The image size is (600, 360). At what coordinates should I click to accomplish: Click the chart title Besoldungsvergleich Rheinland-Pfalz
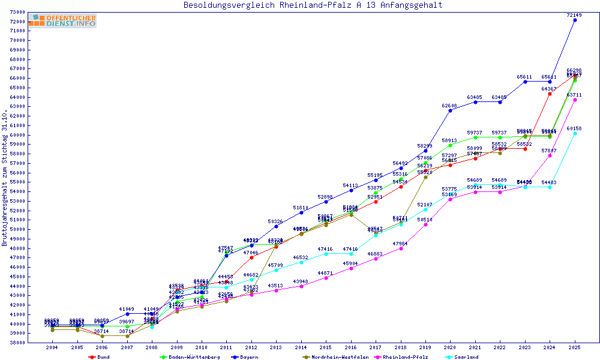[x=313, y=5]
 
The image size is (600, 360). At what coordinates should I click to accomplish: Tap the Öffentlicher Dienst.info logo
[x=62, y=21]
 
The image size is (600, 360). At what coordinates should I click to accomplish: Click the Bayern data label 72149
[x=575, y=14]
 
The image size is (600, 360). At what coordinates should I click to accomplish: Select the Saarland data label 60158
[x=574, y=128]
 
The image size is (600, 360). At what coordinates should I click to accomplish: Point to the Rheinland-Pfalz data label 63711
[x=574, y=95]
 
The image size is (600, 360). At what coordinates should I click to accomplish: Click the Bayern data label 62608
[x=450, y=106]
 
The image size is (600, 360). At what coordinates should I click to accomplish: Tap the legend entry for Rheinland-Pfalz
[x=405, y=357]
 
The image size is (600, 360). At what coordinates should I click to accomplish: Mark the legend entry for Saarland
[x=466, y=357]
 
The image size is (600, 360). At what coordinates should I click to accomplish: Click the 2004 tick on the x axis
[x=53, y=347]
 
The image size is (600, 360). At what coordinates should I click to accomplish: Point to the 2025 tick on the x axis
[x=575, y=347]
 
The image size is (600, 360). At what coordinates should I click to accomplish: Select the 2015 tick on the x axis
[x=326, y=347]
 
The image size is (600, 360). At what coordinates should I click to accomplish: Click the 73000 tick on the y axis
[x=17, y=12]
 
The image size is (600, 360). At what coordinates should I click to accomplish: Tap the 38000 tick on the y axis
[x=17, y=343]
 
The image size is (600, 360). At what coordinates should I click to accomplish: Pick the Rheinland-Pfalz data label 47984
[x=400, y=244]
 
